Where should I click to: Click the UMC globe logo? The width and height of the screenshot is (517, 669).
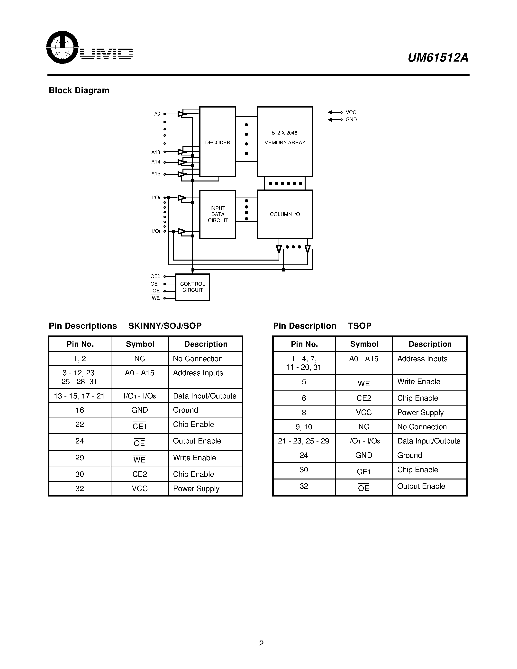point(63,47)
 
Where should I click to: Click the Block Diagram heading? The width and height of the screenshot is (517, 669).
point(79,90)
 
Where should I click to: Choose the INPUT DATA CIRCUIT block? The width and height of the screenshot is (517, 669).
point(218,214)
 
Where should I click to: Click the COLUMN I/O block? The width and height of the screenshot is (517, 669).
point(285,214)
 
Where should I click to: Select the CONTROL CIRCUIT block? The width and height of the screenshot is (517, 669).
point(192,287)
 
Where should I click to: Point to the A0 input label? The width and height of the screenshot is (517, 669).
point(157,114)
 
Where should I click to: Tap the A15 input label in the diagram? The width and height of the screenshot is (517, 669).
point(156,174)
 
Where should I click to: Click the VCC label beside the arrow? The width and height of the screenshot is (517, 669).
point(351,112)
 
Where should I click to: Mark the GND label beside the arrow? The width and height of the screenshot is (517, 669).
point(351,119)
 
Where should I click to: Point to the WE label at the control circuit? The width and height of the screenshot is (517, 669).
point(156,298)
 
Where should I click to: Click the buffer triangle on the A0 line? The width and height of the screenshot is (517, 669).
point(181,114)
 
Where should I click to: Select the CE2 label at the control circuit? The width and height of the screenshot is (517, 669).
point(155,276)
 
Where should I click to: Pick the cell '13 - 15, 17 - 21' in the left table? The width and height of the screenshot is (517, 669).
point(79,396)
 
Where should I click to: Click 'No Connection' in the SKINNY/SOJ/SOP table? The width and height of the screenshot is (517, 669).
point(198,359)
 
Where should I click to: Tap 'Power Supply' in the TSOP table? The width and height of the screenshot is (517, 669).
point(420,413)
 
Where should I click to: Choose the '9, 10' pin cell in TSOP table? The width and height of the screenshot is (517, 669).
point(304,427)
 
